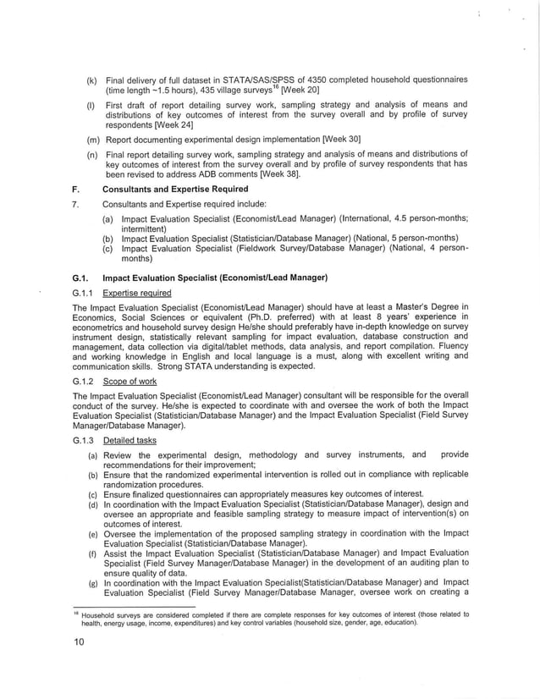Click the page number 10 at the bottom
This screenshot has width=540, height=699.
pyautogui.click(x=79, y=642)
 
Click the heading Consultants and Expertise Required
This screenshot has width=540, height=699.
pyautogui.click(x=175, y=190)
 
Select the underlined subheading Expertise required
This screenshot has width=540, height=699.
pyautogui.click(x=136, y=294)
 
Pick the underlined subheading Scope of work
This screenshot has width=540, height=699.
pyautogui.click(x=130, y=383)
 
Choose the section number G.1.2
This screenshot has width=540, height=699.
pyautogui.click(x=84, y=383)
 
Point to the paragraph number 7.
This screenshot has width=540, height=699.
pyautogui.click(x=76, y=204)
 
